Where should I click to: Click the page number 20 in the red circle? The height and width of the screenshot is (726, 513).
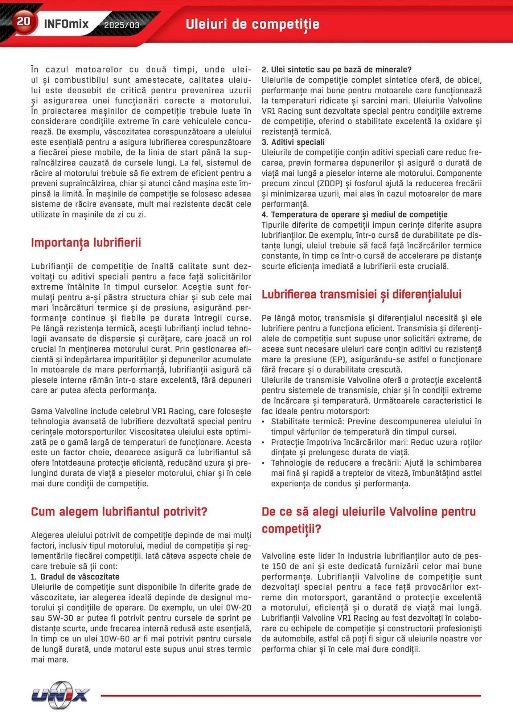point(24,21)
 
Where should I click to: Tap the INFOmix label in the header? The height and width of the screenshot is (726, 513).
point(66,24)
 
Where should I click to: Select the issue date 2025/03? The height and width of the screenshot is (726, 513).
point(122,25)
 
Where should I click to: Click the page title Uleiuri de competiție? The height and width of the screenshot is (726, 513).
point(253,24)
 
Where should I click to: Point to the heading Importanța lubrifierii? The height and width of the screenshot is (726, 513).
point(86,242)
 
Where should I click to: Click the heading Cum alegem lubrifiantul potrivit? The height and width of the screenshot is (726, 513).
point(119,511)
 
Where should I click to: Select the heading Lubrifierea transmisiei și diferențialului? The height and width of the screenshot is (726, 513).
point(361,294)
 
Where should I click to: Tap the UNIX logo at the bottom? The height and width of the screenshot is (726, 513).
point(60,695)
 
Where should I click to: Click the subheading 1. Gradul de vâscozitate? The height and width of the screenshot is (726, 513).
point(75,577)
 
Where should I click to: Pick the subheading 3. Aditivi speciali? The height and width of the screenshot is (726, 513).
point(293,142)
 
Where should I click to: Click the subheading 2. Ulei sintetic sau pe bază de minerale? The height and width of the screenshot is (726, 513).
point(336,70)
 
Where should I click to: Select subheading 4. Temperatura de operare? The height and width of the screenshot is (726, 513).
point(354,215)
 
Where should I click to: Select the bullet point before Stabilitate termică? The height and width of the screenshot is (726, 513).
point(264,422)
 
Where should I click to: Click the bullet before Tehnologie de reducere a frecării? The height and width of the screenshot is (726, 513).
point(264,463)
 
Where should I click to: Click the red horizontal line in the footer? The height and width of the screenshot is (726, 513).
point(290,696)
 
